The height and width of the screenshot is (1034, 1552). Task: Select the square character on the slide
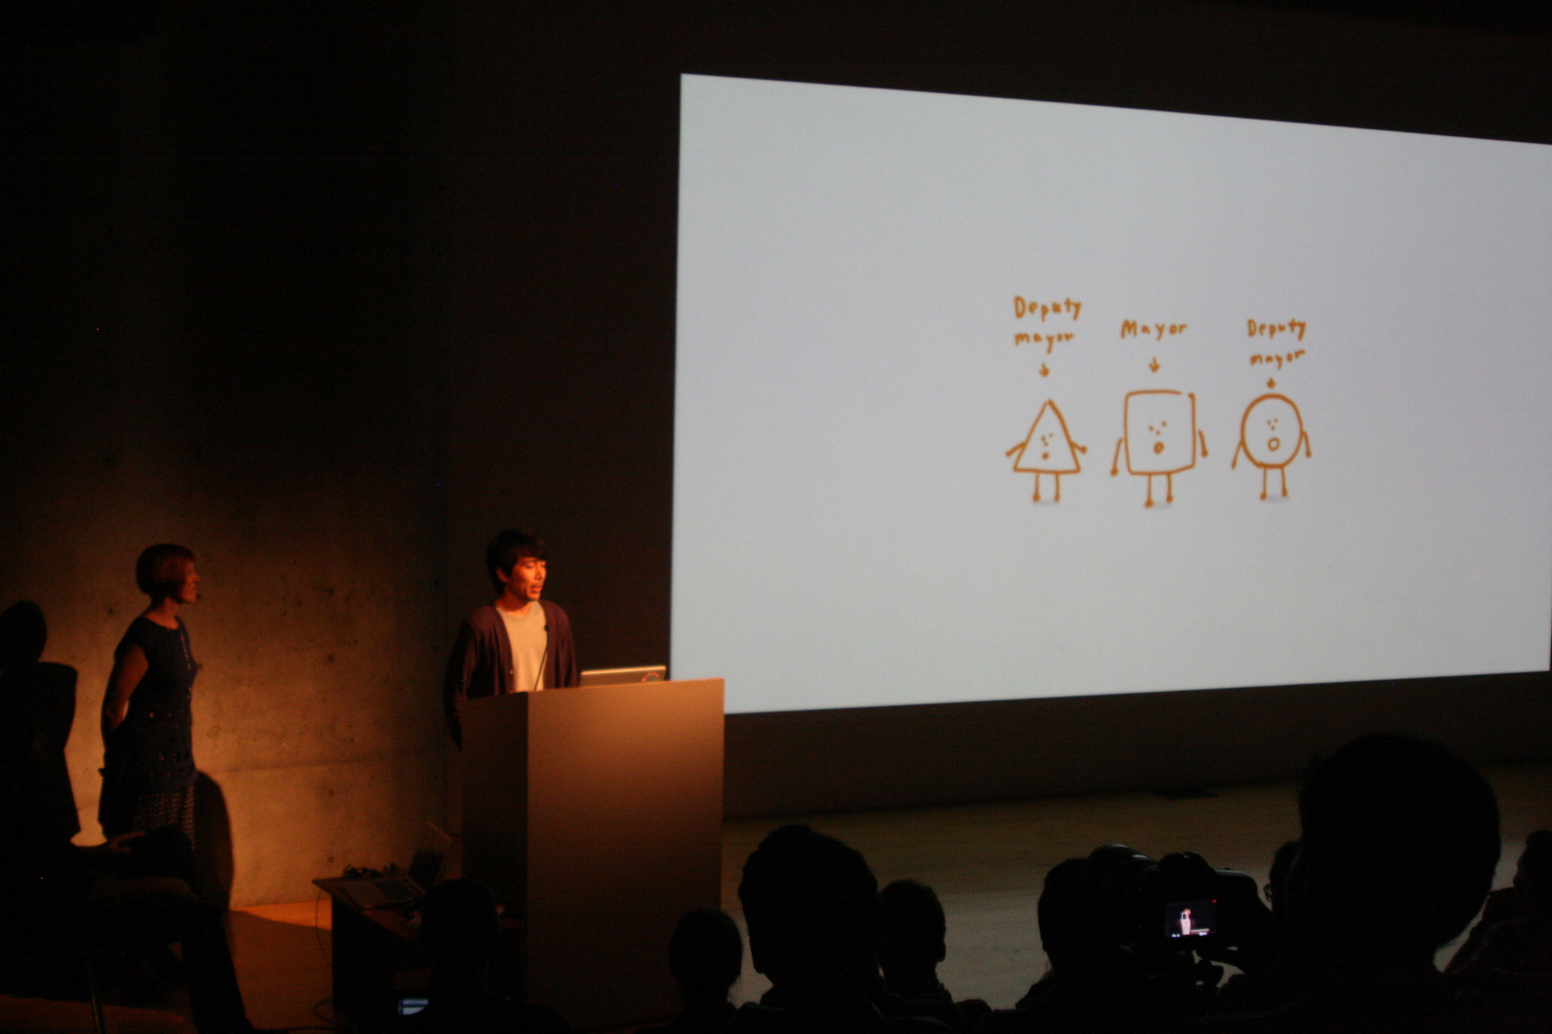point(1159,446)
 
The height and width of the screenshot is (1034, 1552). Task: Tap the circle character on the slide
point(1271,444)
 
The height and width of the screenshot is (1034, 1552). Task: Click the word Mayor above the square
point(1154,330)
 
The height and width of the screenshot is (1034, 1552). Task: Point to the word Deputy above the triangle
point(1047,308)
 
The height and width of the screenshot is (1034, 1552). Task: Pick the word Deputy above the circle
point(1277,329)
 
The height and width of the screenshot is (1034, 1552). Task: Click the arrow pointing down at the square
point(1155,365)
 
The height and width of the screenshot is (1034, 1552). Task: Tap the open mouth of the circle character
point(1273,444)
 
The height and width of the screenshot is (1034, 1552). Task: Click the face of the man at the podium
point(527,578)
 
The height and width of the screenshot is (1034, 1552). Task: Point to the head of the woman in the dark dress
point(168,574)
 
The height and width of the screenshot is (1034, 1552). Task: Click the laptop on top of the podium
point(623,675)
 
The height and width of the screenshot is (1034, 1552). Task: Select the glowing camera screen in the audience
point(1189,919)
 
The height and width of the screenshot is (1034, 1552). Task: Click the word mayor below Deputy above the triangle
point(1044,338)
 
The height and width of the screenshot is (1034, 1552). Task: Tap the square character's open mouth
point(1159,448)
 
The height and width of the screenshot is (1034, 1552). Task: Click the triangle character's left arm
point(1016,448)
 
